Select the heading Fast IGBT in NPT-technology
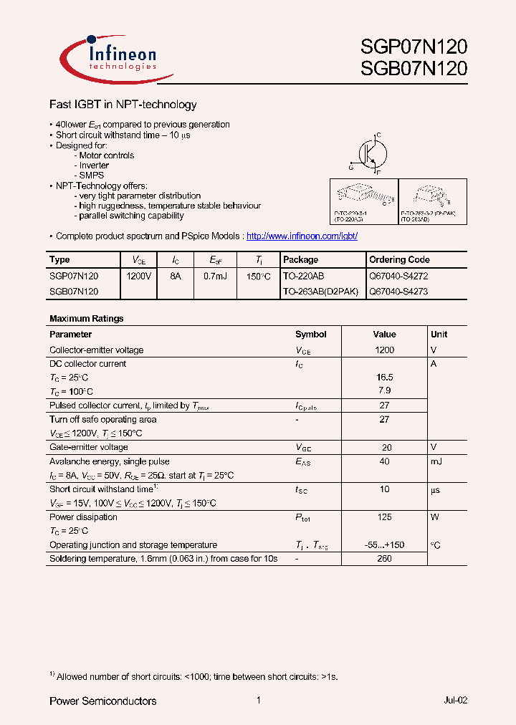tap(123, 105)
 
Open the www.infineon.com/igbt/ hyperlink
tap(302, 236)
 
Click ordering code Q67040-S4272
tap(398, 275)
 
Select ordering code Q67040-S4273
tap(398, 292)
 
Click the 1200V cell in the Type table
tap(138, 275)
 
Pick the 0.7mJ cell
tap(216, 275)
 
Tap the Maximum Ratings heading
tap(86, 318)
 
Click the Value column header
tap(384, 334)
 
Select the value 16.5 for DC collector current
tap(384, 377)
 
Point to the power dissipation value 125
tap(384, 517)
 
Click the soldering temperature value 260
tap(384, 558)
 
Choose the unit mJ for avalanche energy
tap(437, 461)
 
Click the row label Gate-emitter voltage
tap(89, 447)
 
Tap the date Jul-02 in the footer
tap(455, 701)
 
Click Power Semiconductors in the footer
tap(102, 701)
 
